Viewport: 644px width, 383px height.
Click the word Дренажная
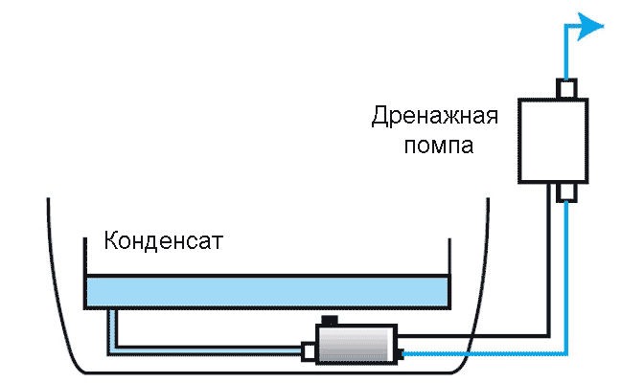pyautogui.click(x=434, y=116)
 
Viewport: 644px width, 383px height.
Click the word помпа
pyautogui.click(x=439, y=146)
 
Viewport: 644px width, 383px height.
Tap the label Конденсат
pyautogui.click(x=164, y=240)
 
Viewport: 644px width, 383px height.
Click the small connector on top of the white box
pyautogui.click(x=566, y=88)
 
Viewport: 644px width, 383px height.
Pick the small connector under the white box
pyautogui.click(x=566, y=192)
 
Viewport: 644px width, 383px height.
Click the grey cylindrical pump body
pyautogui.click(x=356, y=344)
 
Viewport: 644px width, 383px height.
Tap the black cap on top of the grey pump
pyautogui.click(x=330, y=320)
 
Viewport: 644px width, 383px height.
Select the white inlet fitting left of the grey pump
pyautogui.click(x=309, y=351)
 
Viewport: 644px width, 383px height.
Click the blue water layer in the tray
pyautogui.click(x=267, y=292)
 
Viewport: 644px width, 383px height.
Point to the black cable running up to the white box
pyautogui.click(x=549, y=262)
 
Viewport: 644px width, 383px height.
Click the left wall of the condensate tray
pyautogui.click(x=85, y=273)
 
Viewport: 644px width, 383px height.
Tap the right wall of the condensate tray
pyautogui.click(x=449, y=273)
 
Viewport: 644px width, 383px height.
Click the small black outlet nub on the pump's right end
pyautogui.click(x=401, y=354)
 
